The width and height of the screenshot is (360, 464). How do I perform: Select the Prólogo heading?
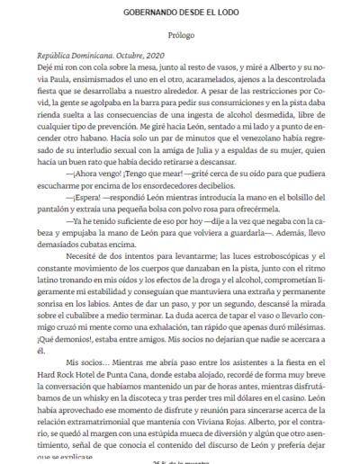180,39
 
